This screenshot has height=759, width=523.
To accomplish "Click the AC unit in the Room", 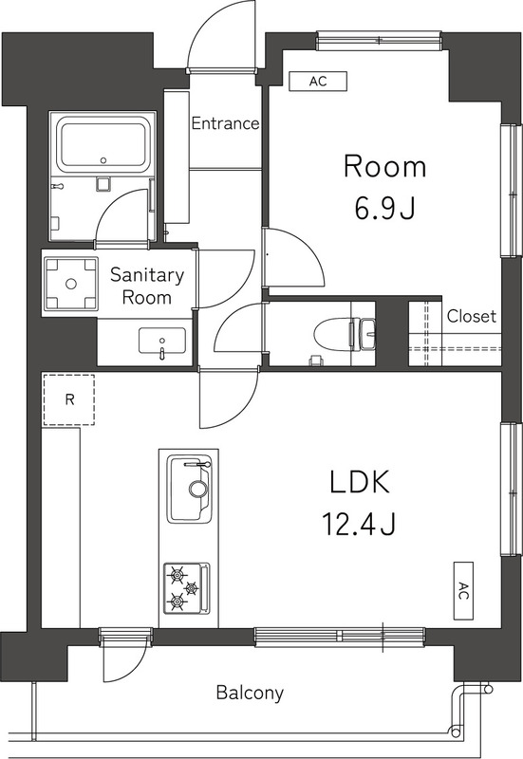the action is (318, 81).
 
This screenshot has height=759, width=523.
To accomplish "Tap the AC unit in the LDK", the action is (463, 590).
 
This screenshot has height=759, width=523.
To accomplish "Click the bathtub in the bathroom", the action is (103, 145).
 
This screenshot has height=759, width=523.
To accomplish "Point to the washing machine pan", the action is (70, 283).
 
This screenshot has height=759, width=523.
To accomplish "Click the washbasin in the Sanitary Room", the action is (161, 342).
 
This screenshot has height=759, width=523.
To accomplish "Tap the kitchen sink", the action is (189, 488).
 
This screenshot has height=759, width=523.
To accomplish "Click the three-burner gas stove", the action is (187, 588).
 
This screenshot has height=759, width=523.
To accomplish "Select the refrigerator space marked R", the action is (68, 399).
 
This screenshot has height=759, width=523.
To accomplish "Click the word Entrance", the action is (225, 123).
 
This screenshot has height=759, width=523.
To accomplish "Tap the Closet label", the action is (471, 316).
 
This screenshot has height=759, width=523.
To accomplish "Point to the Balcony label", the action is (250, 693).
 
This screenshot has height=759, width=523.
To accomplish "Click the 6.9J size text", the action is (385, 209).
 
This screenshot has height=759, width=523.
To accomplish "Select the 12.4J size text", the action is (359, 524).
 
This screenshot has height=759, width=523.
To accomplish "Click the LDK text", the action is (360, 482).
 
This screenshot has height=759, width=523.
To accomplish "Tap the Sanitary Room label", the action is (147, 286).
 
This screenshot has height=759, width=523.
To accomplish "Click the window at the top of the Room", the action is (379, 41).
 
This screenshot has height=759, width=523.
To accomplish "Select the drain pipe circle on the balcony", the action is (456, 732).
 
